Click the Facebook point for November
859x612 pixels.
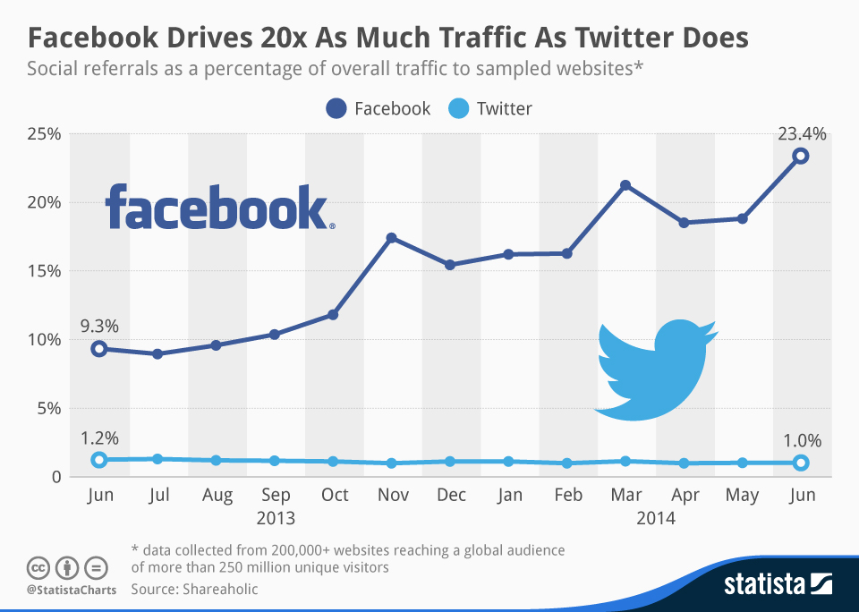[x=391, y=238]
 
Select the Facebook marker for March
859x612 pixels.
[x=625, y=185]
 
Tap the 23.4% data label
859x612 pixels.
[x=801, y=134]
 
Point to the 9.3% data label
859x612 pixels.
[x=100, y=325]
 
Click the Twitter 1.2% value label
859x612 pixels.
[x=100, y=438]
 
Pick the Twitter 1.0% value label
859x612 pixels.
[x=801, y=440]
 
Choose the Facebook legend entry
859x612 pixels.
[x=378, y=109]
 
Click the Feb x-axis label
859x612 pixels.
[x=567, y=495]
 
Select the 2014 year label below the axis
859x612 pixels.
[x=655, y=518]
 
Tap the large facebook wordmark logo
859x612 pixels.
[x=217, y=208]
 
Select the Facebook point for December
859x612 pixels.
[x=450, y=265]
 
